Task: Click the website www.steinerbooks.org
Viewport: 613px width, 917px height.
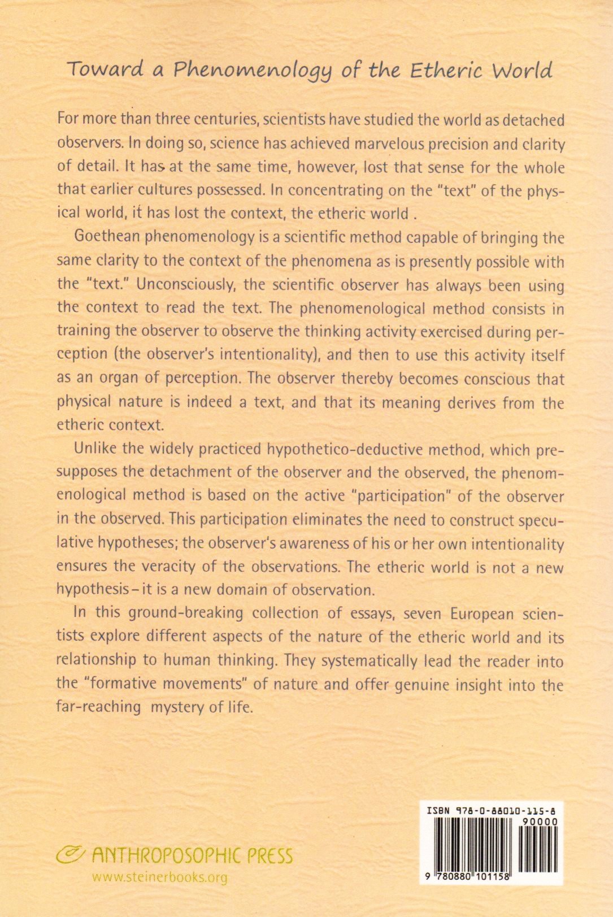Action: point(159,877)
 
